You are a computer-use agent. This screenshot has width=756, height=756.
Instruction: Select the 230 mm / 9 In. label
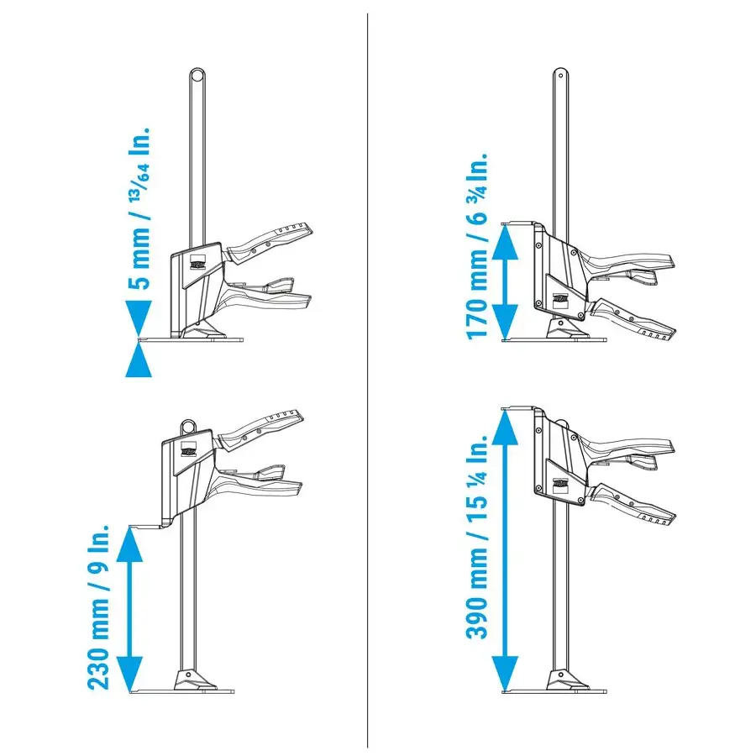(x=99, y=607)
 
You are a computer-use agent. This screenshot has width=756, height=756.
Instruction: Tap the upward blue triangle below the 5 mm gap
(x=139, y=360)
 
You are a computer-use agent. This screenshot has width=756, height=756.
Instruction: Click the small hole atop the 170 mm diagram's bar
(x=560, y=75)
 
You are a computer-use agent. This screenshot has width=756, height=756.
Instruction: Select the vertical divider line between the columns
(x=367, y=381)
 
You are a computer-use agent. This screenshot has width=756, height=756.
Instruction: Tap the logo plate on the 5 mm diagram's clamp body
(x=197, y=263)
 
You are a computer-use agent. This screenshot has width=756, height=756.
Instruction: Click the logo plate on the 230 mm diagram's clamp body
(x=188, y=450)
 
